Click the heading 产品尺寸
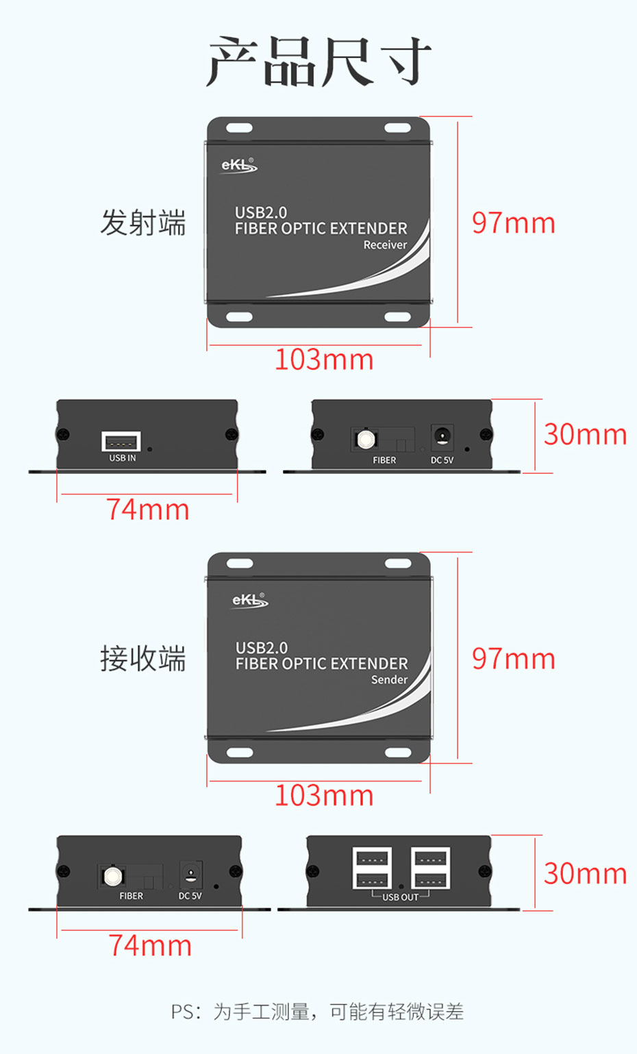pyautogui.click(x=318, y=62)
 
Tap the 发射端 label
pyautogui.click(x=143, y=223)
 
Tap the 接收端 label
pyautogui.click(x=143, y=659)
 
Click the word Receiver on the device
pyautogui.click(x=385, y=245)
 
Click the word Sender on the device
pyautogui.click(x=389, y=680)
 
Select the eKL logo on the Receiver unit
pyautogui.click(x=238, y=166)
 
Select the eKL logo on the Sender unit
pyautogui.click(x=249, y=601)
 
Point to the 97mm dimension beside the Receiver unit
pyautogui.click(x=513, y=223)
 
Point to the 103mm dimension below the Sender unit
pyautogui.click(x=324, y=796)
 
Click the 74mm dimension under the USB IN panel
pyautogui.click(x=147, y=510)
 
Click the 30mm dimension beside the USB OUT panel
pyautogui.click(x=585, y=874)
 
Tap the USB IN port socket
pyautogui.click(x=121, y=442)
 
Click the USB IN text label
pyautogui.click(x=123, y=458)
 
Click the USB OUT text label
pyautogui.click(x=400, y=897)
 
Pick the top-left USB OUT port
pyautogui.click(x=372, y=859)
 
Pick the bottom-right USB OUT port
pyautogui.click(x=430, y=879)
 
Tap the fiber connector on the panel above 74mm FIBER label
pyautogui.click(x=112, y=876)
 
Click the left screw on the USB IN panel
pyautogui.click(x=63, y=434)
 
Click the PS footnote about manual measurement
pyautogui.click(x=317, y=1012)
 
